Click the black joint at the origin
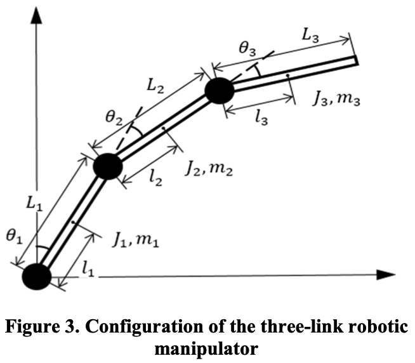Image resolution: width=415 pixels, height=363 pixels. [x=36, y=277]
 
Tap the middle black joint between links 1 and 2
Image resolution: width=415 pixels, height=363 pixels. [x=107, y=166]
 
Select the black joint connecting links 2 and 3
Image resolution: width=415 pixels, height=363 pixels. [x=220, y=91]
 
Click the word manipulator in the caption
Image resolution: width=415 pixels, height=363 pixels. [x=207, y=349]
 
